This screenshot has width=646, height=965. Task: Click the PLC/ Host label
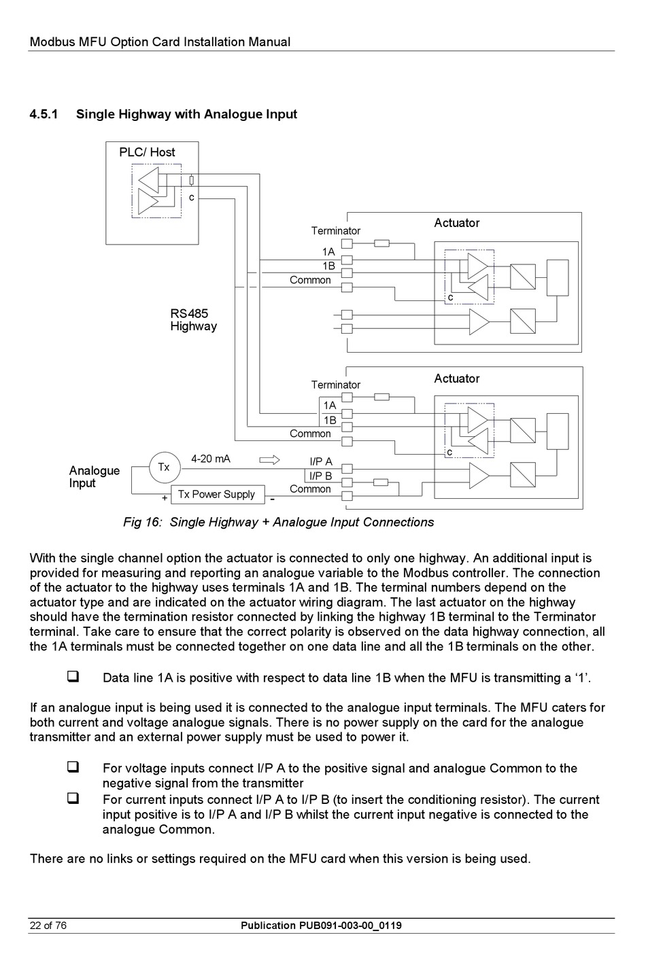tap(147, 152)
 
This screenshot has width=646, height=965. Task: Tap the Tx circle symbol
tap(164, 468)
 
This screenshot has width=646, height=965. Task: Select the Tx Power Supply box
tap(218, 494)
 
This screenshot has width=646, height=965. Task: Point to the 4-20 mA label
tap(211, 459)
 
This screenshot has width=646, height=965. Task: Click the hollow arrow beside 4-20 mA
tap(269, 460)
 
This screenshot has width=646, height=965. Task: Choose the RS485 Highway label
tap(194, 319)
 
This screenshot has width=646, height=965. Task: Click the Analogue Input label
tap(95, 476)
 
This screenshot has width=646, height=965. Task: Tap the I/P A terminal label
tap(321, 462)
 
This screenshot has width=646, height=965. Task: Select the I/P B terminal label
tap(321, 476)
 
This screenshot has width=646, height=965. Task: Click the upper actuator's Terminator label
tap(336, 231)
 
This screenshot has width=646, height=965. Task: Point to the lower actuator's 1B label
tap(330, 420)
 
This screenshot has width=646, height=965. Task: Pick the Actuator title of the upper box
tap(457, 223)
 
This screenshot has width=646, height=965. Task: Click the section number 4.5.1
tap(44, 114)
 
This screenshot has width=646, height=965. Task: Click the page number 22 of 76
tap(48, 926)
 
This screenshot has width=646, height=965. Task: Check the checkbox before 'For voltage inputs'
tap(73, 767)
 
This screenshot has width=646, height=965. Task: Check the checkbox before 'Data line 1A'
tap(73, 676)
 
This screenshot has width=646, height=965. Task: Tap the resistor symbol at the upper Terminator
tap(382, 244)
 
